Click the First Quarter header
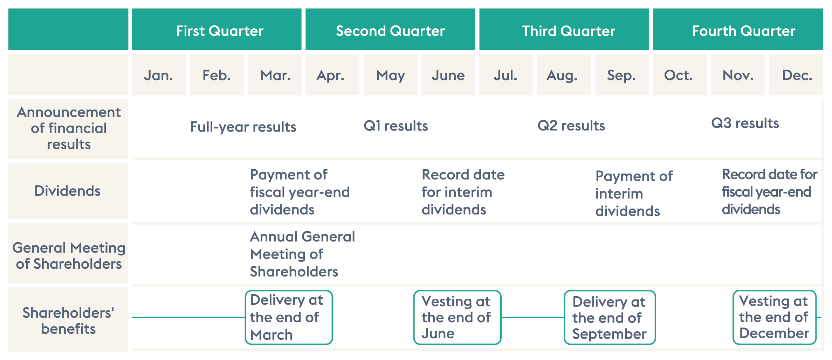(216, 29)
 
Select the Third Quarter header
(564, 29)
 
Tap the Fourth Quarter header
(738, 29)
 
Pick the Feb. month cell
(216, 75)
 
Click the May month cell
(390, 75)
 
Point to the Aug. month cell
(564, 75)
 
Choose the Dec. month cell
(796, 75)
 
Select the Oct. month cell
(680, 75)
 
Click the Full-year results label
(243, 127)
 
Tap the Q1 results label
(396, 126)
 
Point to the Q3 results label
(745, 123)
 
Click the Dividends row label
(67, 191)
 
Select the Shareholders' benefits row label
(68, 320)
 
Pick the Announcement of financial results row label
(69, 128)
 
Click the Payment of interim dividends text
(634, 193)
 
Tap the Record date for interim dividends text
(463, 192)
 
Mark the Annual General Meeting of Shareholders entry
(302, 254)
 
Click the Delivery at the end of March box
(289, 317)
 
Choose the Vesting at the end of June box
(457, 317)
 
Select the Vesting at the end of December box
(775, 317)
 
